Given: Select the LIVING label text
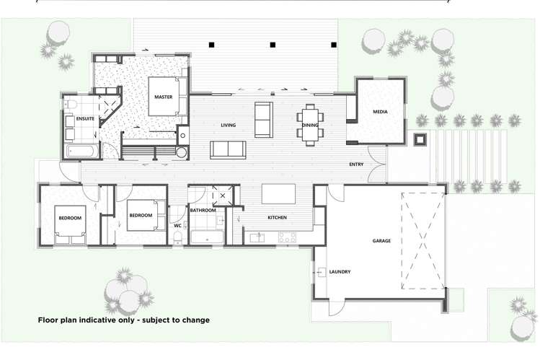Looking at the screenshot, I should click(229, 126).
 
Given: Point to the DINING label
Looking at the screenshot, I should click(310, 126).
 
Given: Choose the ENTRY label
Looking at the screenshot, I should click(356, 164).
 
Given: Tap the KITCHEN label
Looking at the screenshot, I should click(278, 217).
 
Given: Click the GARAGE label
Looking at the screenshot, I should click(381, 240).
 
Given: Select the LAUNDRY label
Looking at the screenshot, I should click(340, 271).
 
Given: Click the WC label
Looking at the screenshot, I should click(177, 225).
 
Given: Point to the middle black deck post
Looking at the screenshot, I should click(273, 45).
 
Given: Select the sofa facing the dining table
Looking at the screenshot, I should click(263, 119).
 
